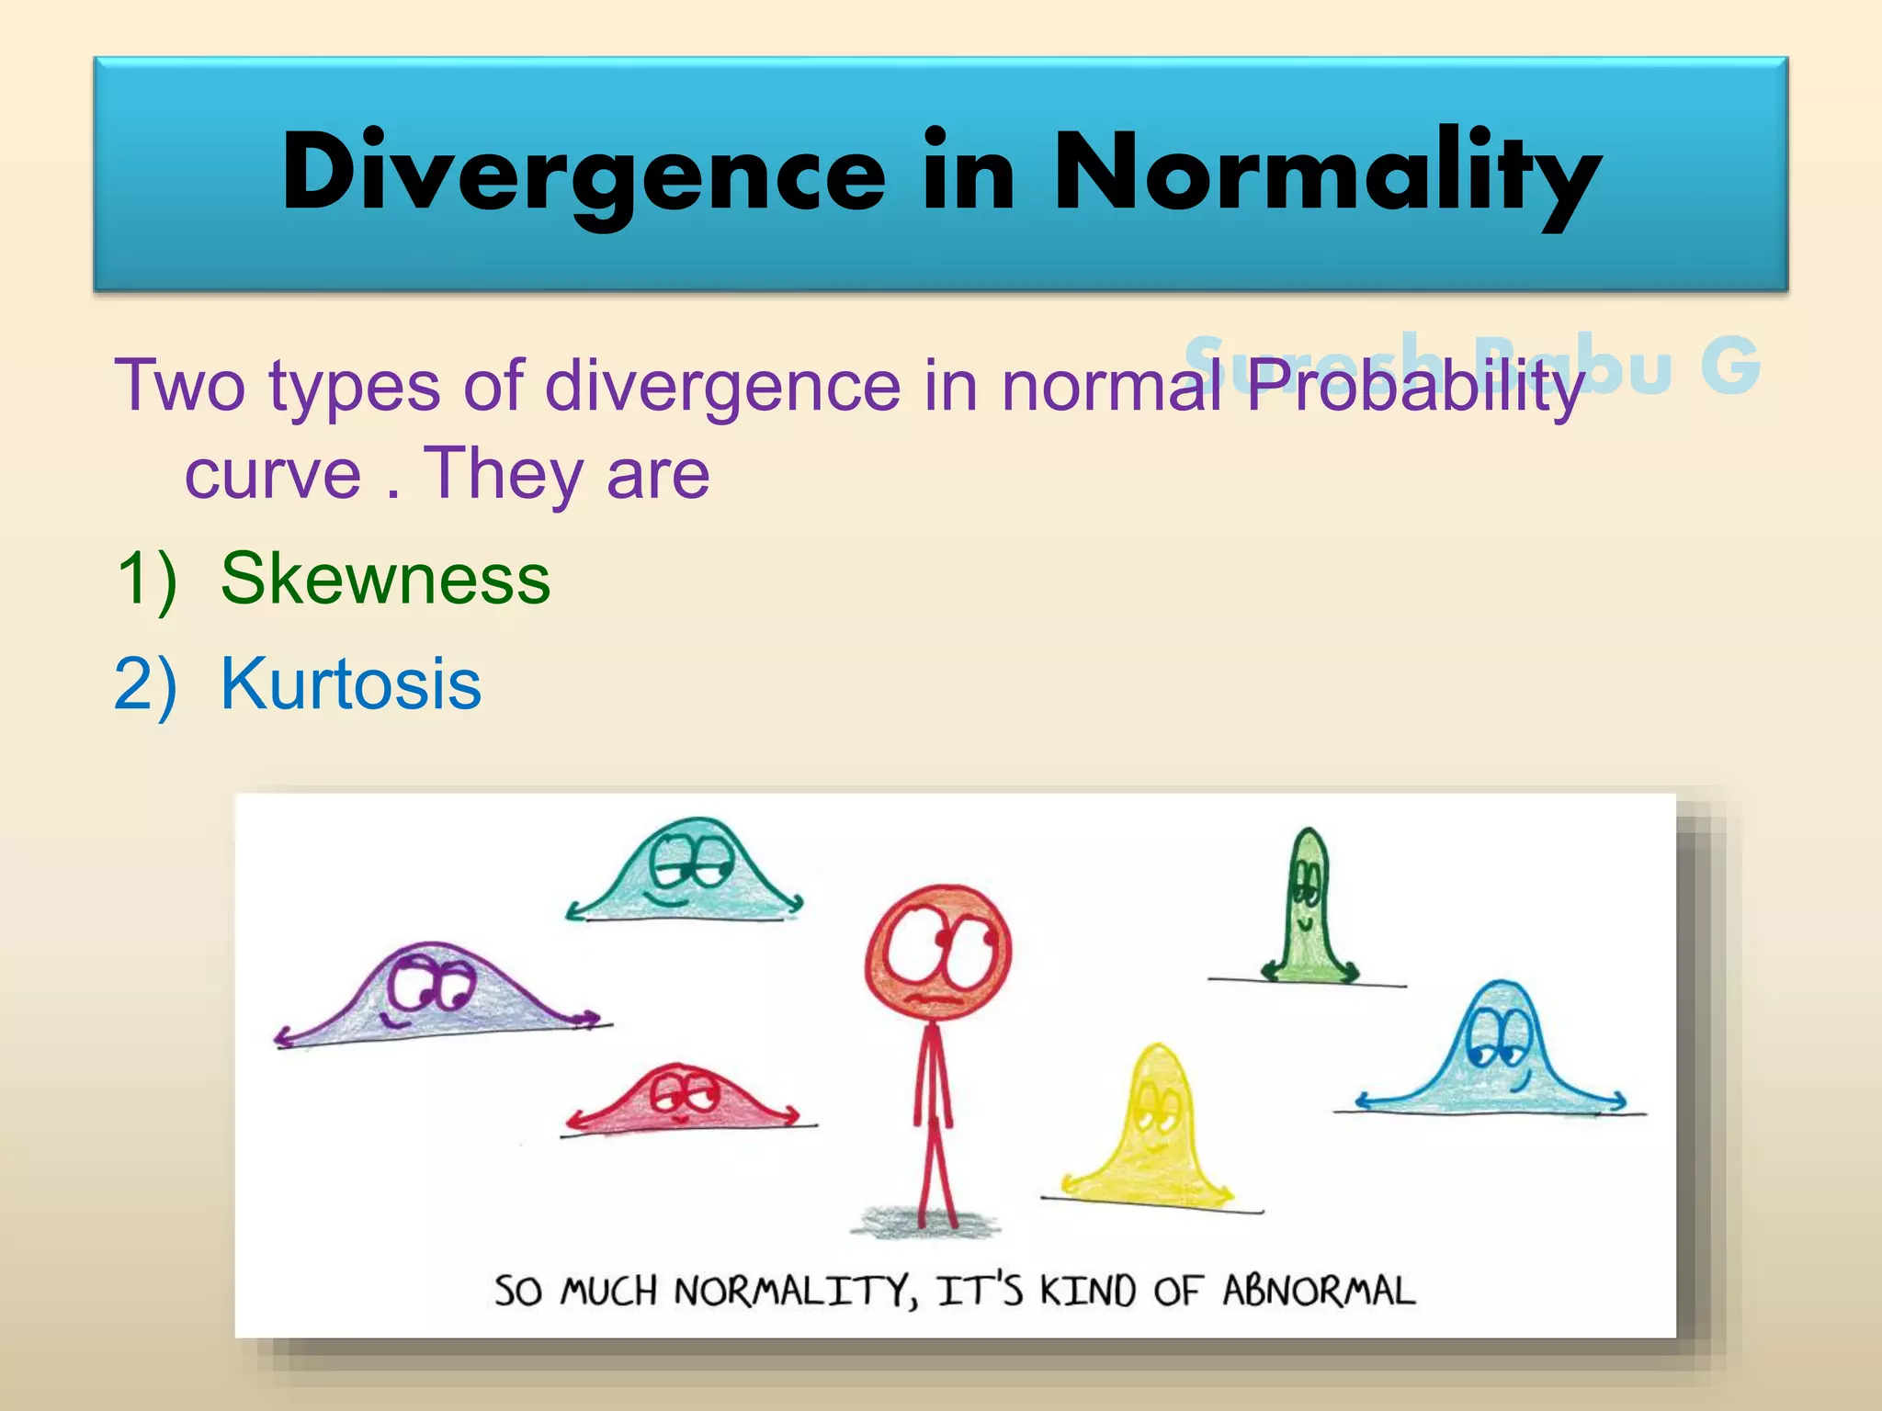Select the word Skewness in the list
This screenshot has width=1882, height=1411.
(385, 579)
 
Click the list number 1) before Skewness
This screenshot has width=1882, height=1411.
(146, 579)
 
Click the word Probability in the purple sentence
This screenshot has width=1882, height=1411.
(1415, 386)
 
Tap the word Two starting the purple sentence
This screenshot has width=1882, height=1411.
(179, 386)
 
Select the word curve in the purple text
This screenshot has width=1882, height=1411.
(273, 475)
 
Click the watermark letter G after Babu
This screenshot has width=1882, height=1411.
(1729, 365)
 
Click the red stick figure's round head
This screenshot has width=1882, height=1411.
(938, 952)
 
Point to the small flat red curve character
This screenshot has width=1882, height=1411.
(685, 1099)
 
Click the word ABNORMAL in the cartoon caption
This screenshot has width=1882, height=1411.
(1319, 1292)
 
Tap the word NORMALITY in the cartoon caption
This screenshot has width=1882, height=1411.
(795, 1292)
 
